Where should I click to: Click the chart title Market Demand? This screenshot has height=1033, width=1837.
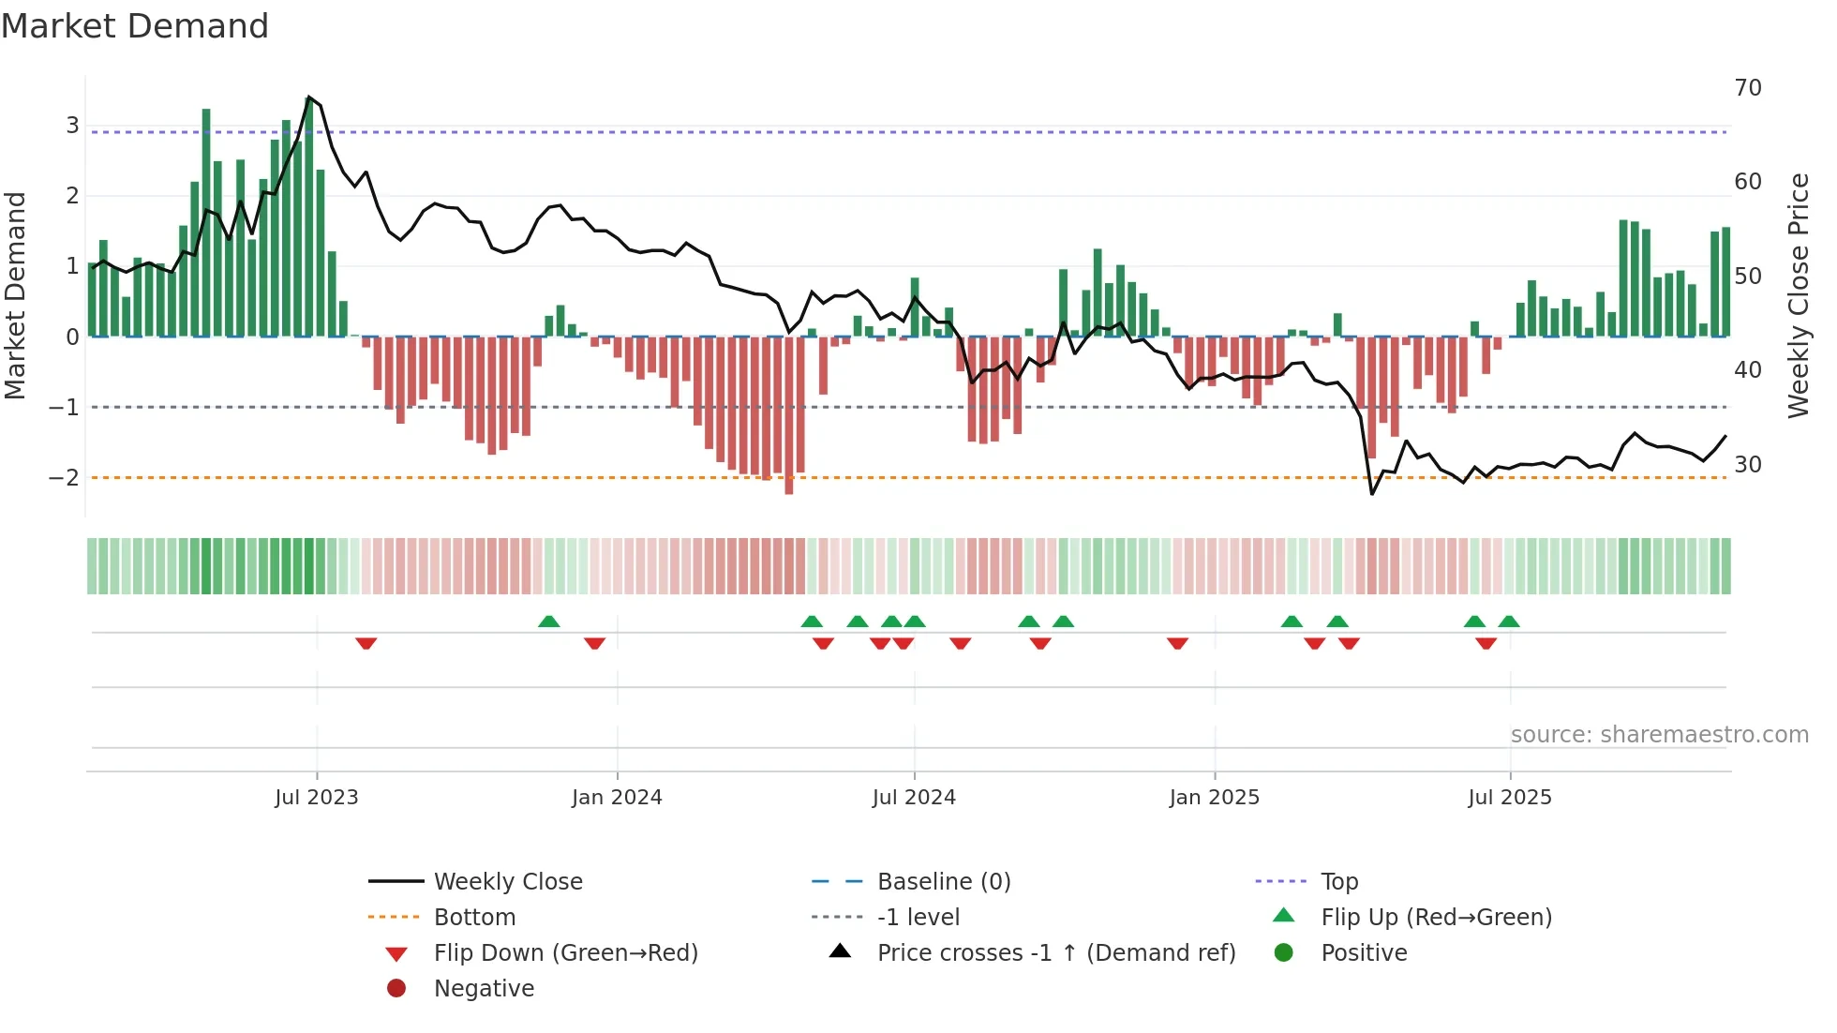click(135, 26)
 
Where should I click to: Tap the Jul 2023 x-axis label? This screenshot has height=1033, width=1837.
click(316, 798)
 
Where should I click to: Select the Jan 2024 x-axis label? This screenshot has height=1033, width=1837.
click(617, 798)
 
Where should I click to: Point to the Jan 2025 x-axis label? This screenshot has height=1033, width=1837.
click(1214, 798)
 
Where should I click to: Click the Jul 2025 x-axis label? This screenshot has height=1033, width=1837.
click(1509, 798)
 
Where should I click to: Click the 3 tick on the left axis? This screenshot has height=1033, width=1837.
click(72, 126)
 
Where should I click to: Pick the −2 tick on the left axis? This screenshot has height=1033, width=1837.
click(64, 478)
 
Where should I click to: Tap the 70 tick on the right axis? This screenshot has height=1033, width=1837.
click(1747, 88)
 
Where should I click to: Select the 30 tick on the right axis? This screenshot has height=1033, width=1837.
click(1747, 465)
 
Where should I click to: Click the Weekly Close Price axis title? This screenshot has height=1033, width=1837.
click(1798, 295)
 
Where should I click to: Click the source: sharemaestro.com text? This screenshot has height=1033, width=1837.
click(1659, 735)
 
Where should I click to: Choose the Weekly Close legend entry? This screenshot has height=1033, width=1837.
click(507, 882)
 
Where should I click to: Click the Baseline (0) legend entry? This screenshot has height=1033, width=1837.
click(943, 882)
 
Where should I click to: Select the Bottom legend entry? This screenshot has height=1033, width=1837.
click(474, 918)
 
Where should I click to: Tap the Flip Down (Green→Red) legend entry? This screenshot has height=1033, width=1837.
click(565, 953)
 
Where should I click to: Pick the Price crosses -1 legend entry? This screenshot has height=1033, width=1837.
click(1055, 953)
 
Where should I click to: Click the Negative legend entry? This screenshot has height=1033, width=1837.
click(484, 989)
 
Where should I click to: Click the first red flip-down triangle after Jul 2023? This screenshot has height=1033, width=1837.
click(366, 643)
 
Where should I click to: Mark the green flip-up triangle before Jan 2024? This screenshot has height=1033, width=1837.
click(549, 621)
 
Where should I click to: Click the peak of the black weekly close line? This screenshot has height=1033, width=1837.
click(308, 97)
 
